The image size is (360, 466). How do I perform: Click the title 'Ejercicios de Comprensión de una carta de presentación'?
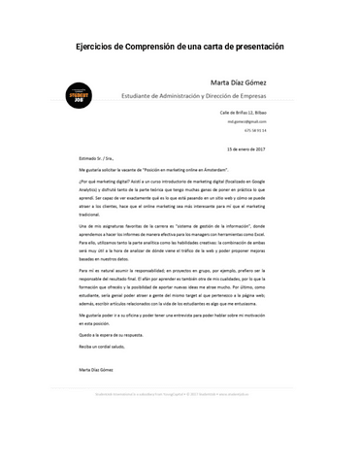point(180,48)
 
